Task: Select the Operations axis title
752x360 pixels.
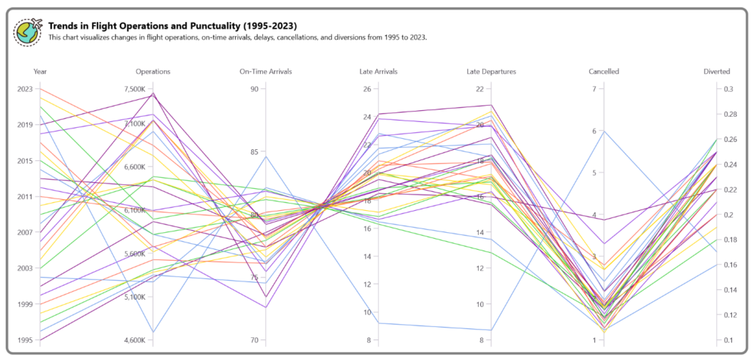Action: tap(153, 71)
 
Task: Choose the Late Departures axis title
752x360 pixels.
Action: tap(491, 71)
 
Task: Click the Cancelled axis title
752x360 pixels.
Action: tap(604, 71)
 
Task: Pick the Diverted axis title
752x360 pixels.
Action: tap(716, 71)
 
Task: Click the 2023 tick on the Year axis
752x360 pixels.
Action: tap(24, 89)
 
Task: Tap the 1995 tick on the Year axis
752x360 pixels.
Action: tap(24, 340)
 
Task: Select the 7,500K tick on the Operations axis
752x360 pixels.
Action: tap(135, 89)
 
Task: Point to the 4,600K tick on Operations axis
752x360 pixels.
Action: tap(135, 340)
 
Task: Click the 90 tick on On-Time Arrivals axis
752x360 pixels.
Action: tap(254, 89)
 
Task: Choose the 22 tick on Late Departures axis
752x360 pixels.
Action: tap(480, 89)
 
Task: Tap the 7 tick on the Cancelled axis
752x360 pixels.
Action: tap(593, 89)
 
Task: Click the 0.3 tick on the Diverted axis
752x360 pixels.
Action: tap(728, 89)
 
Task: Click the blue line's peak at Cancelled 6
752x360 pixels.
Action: tap(604, 131)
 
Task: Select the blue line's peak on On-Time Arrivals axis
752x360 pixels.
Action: tap(266, 156)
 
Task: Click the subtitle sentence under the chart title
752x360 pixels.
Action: tap(237, 37)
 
